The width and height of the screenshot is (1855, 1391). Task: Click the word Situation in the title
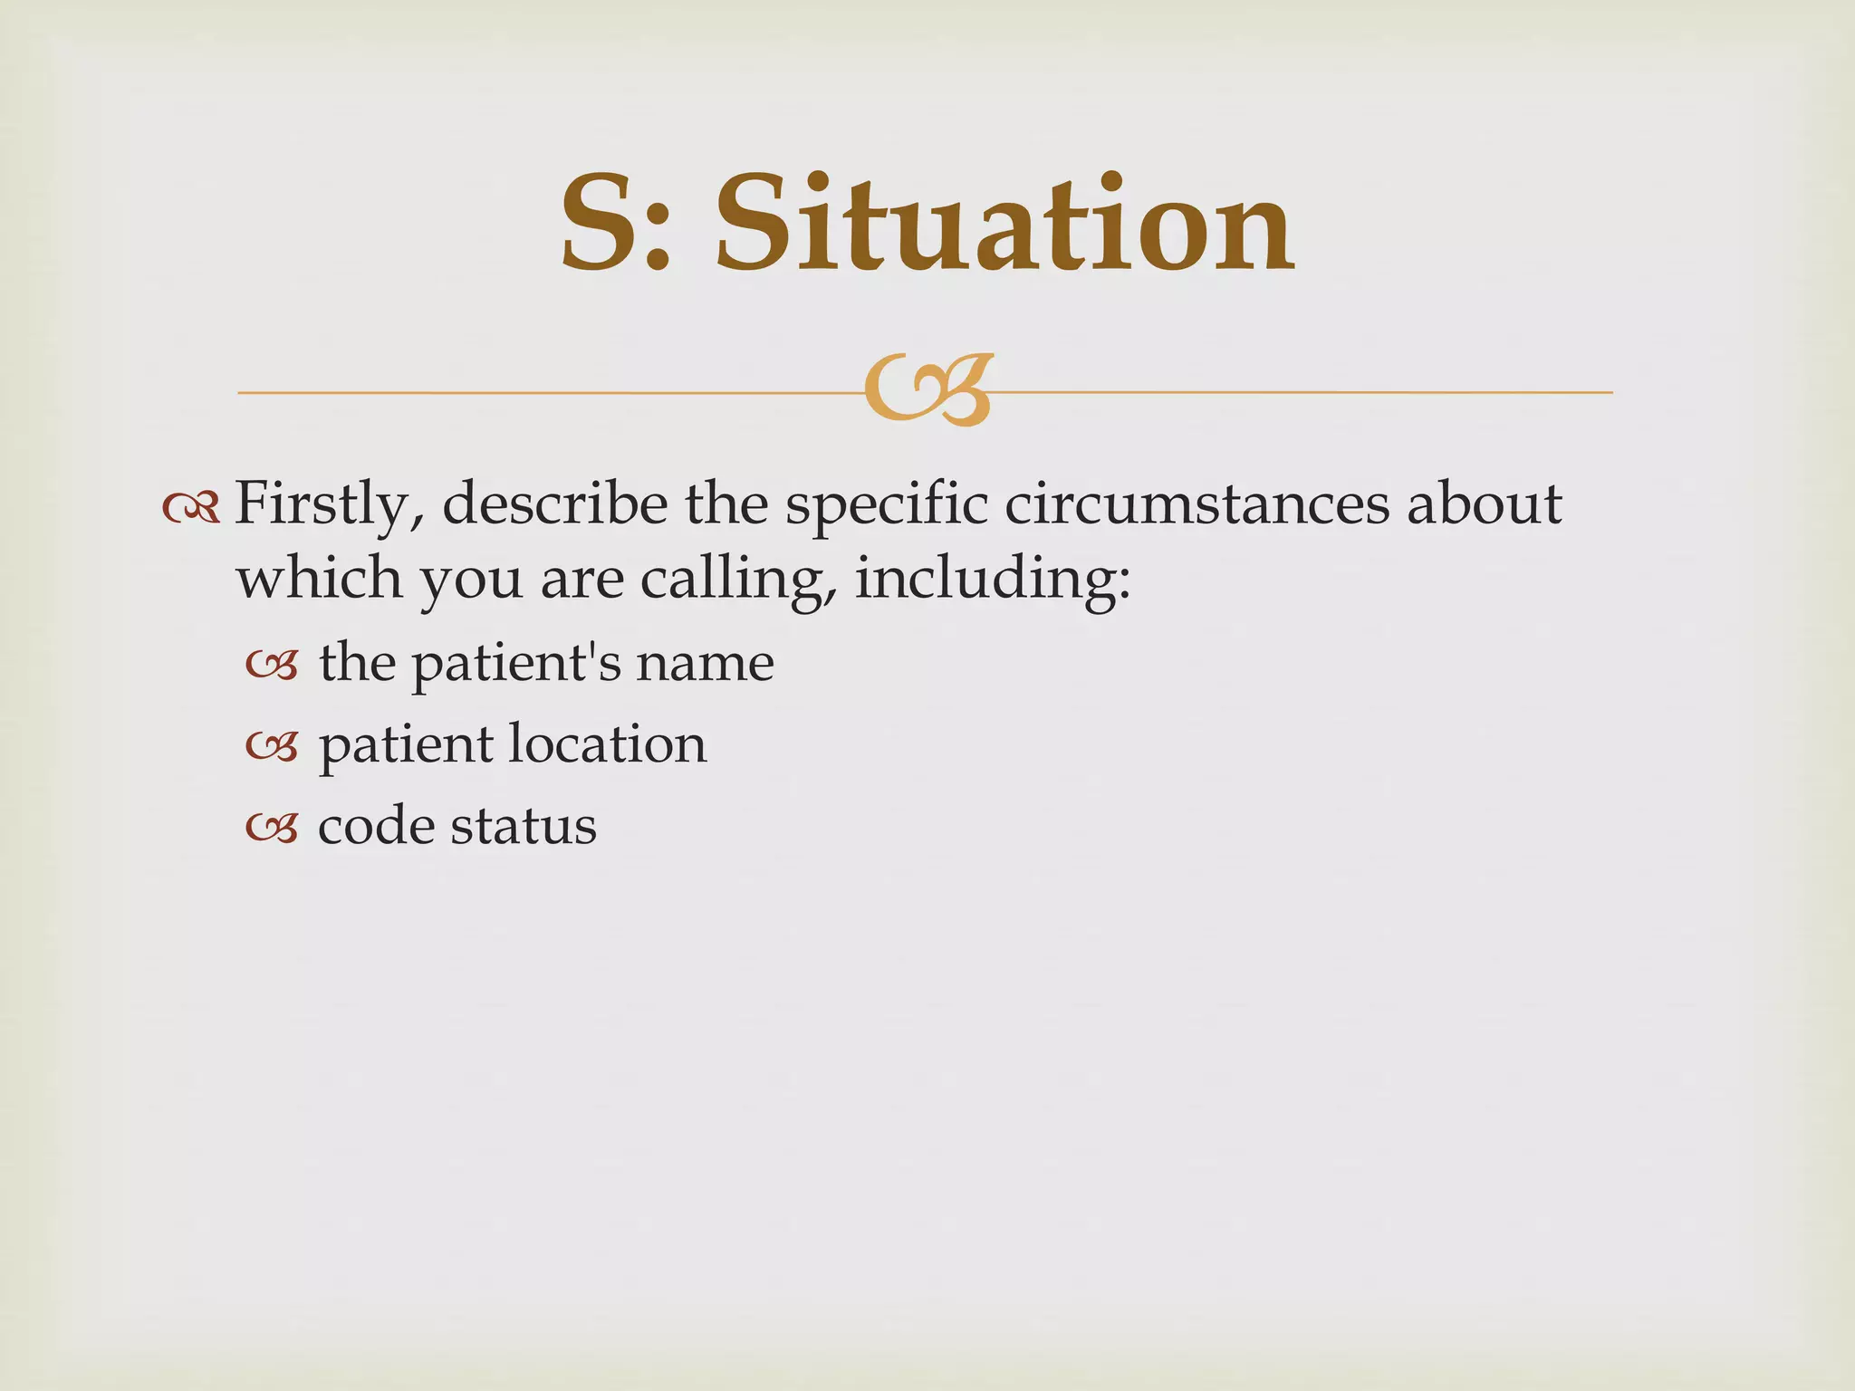click(1004, 224)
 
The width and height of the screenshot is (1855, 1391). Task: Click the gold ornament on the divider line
click(928, 390)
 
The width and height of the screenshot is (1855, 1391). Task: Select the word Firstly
click(329, 504)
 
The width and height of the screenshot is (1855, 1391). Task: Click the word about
click(1485, 504)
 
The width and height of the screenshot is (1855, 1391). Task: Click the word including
click(993, 580)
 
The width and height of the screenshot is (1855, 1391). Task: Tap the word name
click(705, 664)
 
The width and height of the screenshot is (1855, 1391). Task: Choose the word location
click(607, 744)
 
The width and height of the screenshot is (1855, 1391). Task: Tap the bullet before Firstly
click(191, 508)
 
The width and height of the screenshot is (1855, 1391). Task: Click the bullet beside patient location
click(272, 747)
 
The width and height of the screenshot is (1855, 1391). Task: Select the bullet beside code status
click(272, 829)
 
